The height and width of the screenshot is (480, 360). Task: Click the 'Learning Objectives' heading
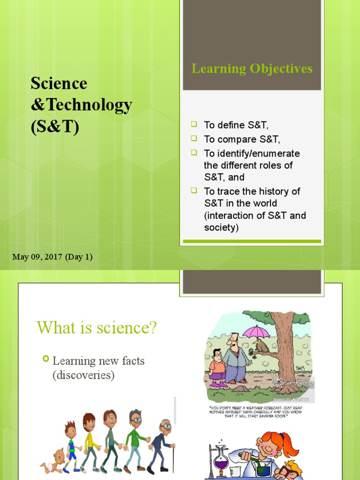[252, 69]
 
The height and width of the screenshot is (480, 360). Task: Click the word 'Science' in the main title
[59, 83]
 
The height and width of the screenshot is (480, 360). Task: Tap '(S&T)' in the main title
[55, 127]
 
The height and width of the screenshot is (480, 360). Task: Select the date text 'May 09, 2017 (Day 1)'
[52, 257]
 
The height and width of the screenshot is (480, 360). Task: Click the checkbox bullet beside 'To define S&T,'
[194, 124]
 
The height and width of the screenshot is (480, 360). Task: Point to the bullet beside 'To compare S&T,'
[194, 138]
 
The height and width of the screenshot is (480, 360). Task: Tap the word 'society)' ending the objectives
[221, 228]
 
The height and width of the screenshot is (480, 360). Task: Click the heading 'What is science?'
[97, 327]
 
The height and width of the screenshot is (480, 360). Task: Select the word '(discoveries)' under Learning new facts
[83, 375]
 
